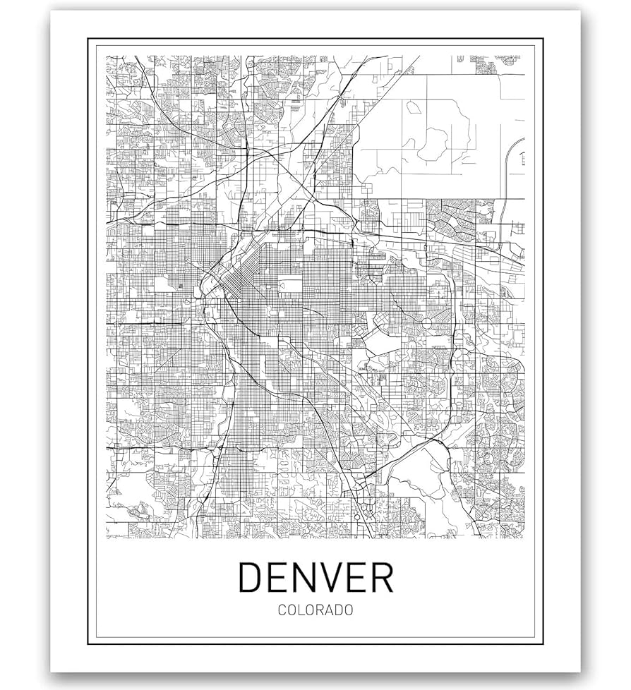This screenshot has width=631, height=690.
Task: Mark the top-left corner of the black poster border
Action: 88,40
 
